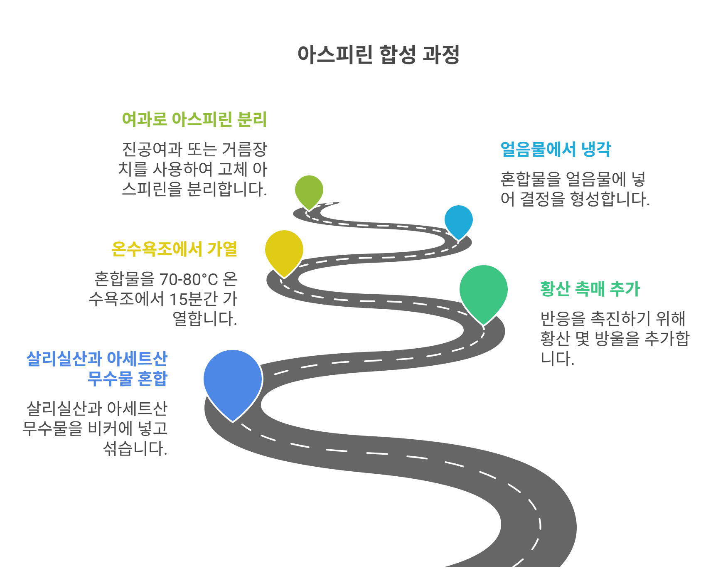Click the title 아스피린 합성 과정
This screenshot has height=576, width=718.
[378, 54]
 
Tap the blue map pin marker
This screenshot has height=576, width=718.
[233, 380]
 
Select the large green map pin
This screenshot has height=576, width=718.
[483, 291]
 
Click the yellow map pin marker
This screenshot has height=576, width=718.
[284, 250]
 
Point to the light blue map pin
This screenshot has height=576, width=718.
[458, 220]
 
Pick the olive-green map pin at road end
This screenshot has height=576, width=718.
[309, 190]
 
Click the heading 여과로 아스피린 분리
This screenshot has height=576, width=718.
[194, 119]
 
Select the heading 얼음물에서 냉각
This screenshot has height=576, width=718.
[556, 149]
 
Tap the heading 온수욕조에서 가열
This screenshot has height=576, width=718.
[175, 249]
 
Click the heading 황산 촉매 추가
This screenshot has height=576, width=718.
[590, 289]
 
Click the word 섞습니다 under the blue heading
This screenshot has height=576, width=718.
[134, 448]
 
